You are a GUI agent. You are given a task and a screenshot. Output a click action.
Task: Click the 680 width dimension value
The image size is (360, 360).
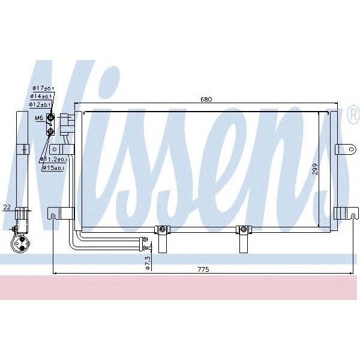(x=205, y=100)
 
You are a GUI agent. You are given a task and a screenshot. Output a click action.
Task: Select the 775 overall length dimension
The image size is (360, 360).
(x=203, y=270)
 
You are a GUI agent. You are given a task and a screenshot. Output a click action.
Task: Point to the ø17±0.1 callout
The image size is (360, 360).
(x=43, y=88)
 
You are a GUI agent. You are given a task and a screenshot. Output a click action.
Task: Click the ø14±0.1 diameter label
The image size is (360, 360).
(x=43, y=95)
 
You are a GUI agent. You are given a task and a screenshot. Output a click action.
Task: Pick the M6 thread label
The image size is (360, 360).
(x=39, y=118)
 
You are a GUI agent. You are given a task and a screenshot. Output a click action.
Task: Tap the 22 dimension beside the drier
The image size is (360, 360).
(x=7, y=207)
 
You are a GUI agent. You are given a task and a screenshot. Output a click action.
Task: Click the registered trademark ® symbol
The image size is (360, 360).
(x=352, y=114)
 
